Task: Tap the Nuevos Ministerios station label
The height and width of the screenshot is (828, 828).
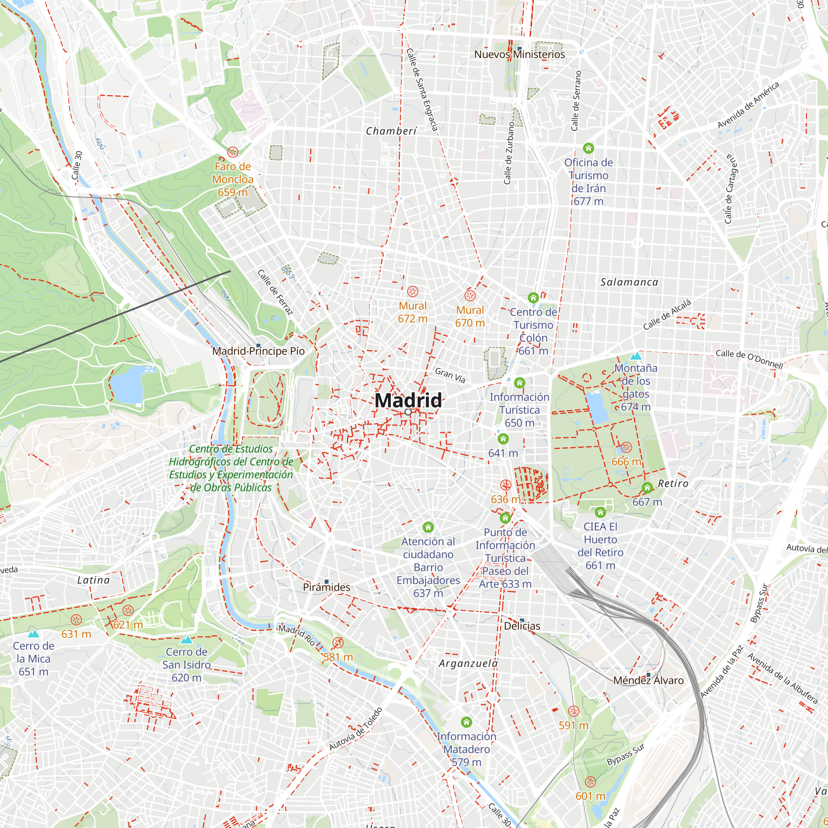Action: (519, 54)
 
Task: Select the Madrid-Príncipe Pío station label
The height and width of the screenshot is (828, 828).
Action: (258, 351)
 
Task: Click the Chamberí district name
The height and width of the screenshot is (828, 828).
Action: (391, 131)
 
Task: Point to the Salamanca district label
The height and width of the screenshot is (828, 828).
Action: (629, 282)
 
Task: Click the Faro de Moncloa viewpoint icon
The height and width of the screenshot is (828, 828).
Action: (233, 152)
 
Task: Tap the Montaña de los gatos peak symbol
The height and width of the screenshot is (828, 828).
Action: (635, 356)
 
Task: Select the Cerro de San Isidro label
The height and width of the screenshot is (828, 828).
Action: (186, 664)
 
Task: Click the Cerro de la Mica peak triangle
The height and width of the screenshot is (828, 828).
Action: (34, 634)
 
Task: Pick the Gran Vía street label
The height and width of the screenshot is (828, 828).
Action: (450, 375)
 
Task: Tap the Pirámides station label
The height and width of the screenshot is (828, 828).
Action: (326, 587)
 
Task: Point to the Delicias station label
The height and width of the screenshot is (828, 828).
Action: (522, 626)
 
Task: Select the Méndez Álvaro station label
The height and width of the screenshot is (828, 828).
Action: (648, 680)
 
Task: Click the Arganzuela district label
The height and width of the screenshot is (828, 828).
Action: (468, 663)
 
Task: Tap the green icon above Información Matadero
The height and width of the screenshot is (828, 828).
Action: (466, 722)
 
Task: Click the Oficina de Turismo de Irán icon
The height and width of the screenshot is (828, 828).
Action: (588, 148)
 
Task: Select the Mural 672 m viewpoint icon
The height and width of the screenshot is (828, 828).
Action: (412, 291)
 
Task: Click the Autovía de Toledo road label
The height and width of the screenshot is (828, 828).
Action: (355, 729)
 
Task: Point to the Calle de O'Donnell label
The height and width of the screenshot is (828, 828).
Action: (749, 359)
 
